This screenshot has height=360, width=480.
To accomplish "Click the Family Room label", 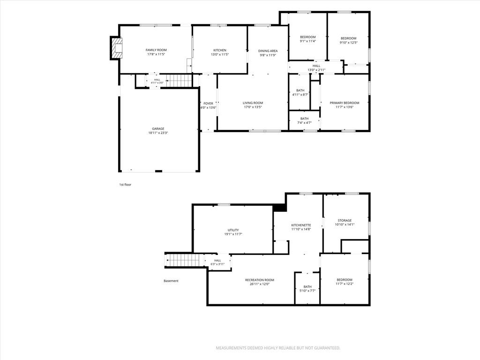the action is (x=156, y=50).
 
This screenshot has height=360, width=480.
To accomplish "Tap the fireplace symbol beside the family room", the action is (x=116, y=48).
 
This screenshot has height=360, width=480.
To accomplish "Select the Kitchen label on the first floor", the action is (x=220, y=50).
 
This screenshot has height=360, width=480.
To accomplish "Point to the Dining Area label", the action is (x=268, y=51).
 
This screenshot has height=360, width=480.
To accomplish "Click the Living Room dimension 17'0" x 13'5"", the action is (x=253, y=107).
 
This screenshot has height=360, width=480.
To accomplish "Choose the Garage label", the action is (x=158, y=129).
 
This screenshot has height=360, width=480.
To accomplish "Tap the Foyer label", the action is (x=208, y=104).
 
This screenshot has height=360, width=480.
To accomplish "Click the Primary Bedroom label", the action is (x=345, y=103).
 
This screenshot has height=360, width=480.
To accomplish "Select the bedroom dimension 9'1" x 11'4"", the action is (x=307, y=41).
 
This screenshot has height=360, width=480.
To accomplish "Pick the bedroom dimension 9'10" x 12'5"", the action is (x=348, y=43).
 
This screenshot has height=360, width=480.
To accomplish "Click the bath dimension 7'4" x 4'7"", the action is (x=304, y=123).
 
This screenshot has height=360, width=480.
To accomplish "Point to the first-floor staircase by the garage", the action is (x=179, y=81).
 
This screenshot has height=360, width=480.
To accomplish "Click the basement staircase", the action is (x=185, y=261).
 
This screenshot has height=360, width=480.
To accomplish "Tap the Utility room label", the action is (x=233, y=230).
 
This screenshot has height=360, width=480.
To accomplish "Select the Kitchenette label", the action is (x=301, y=225).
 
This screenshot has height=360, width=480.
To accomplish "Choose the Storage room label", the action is (x=345, y=220).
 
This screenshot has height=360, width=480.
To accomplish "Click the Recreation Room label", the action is (x=260, y=280).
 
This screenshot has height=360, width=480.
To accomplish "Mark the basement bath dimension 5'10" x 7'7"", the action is (x=307, y=291).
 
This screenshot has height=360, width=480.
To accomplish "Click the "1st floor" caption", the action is (x=125, y=185).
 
